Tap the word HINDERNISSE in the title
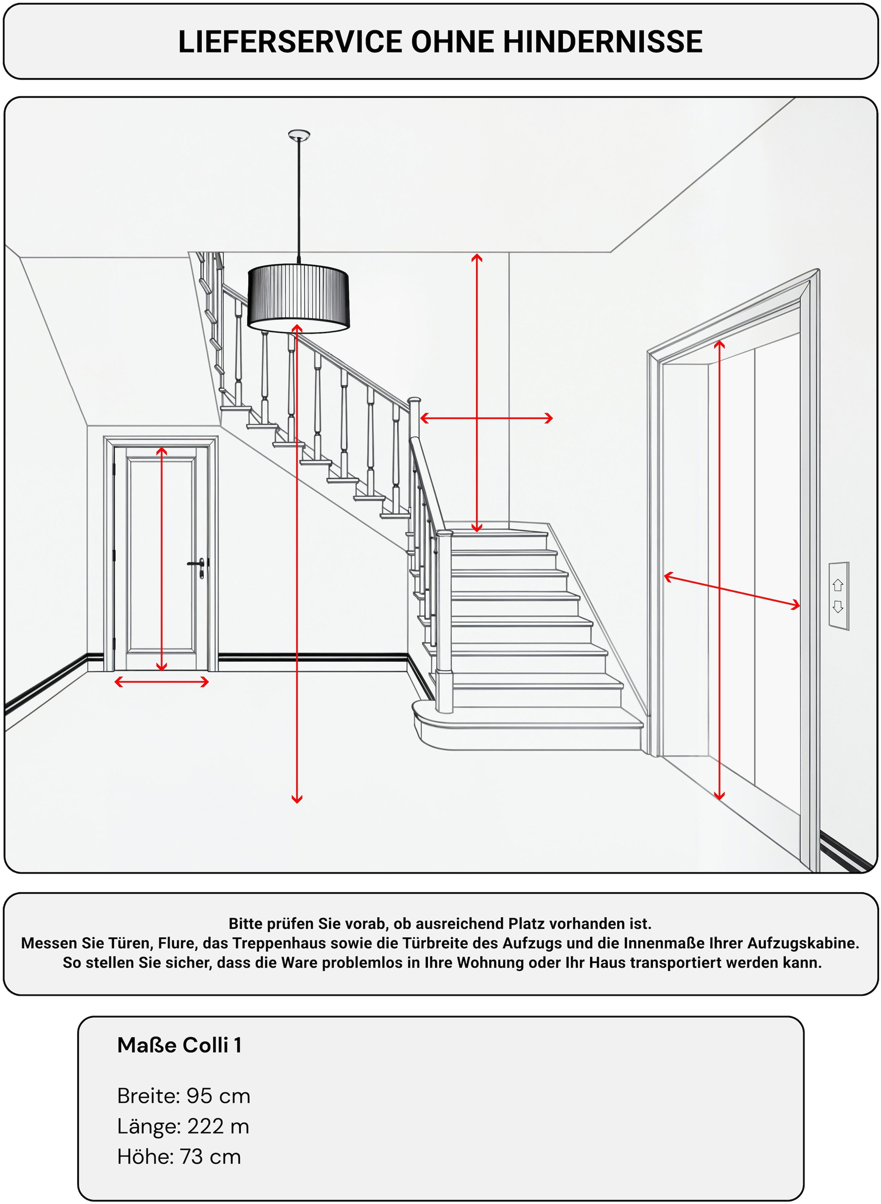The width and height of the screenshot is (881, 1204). pos(603,42)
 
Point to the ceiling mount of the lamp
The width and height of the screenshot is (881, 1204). pos(299,135)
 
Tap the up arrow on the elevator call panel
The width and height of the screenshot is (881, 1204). pos(838,585)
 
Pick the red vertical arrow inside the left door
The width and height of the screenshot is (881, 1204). pos(161,558)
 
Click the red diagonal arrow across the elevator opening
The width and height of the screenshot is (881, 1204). pos(732,591)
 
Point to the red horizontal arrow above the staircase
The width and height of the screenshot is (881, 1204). pos(486,418)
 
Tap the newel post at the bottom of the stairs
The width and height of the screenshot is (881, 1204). pos(444,621)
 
